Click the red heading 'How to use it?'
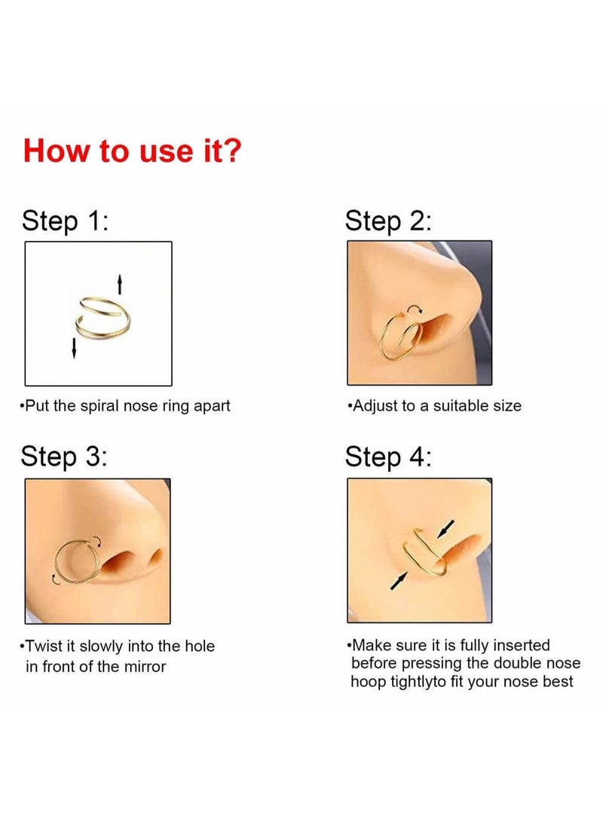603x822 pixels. pyautogui.click(x=132, y=150)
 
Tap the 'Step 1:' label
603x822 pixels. pyautogui.click(x=66, y=222)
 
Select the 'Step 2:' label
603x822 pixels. pyautogui.click(x=388, y=222)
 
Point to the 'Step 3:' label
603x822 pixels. pyautogui.click(x=64, y=457)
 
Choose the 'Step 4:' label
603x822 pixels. pyautogui.click(x=388, y=457)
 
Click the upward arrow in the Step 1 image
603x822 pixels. pyautogui.click(x=119, y=284)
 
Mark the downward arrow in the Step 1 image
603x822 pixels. pyautogui.click(x=74, y=347)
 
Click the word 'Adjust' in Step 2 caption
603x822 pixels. pyautogui.click(x=375, y=406)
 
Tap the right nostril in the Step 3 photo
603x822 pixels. pyautogui.click(x=155, y=558)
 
